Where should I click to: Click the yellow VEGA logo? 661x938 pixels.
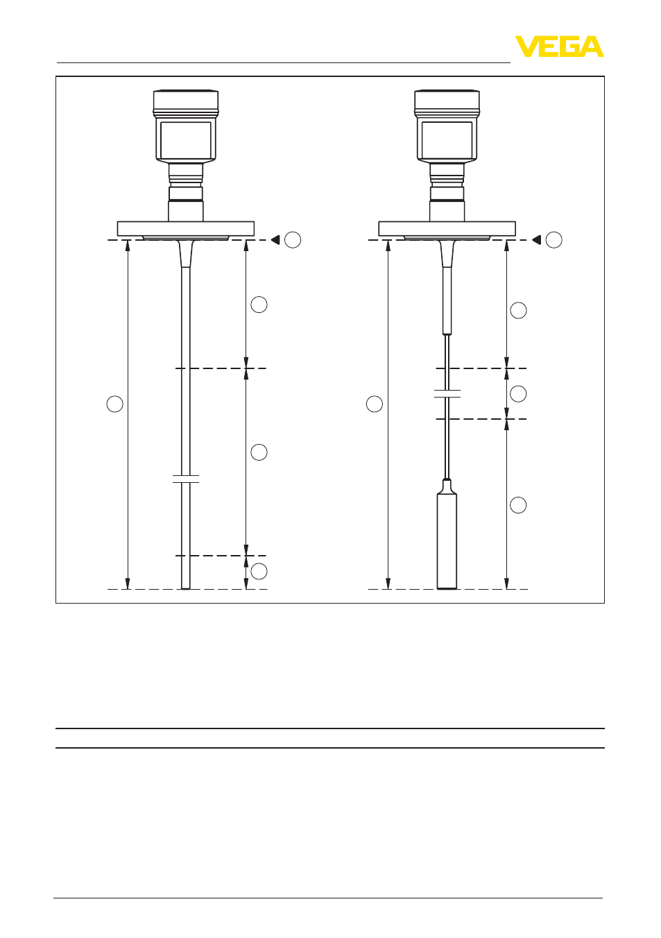tap(559, 46)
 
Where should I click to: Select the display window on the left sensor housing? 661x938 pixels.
tap(185, 140)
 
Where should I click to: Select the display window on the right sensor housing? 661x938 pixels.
tap(447, 140)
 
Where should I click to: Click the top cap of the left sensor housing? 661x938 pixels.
tap(185, 100)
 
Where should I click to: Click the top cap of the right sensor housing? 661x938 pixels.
tap(447, 100)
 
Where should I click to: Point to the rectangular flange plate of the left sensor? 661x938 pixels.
tap(185, 229)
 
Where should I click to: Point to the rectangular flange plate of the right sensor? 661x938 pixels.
tap(447, 229)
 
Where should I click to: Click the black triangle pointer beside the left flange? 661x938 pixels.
tap(275, 240)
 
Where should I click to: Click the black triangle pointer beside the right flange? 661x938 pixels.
tap(536, 240)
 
